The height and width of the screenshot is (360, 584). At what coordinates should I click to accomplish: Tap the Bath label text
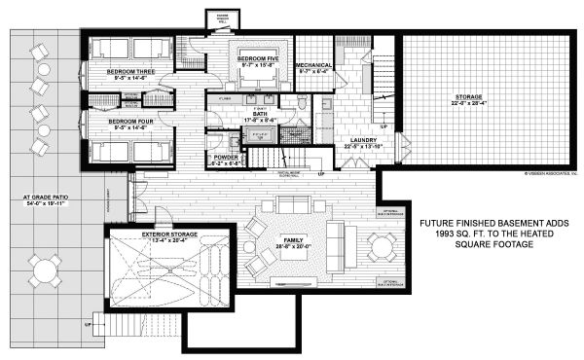260,114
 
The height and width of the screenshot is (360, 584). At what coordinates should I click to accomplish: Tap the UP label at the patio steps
88,323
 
